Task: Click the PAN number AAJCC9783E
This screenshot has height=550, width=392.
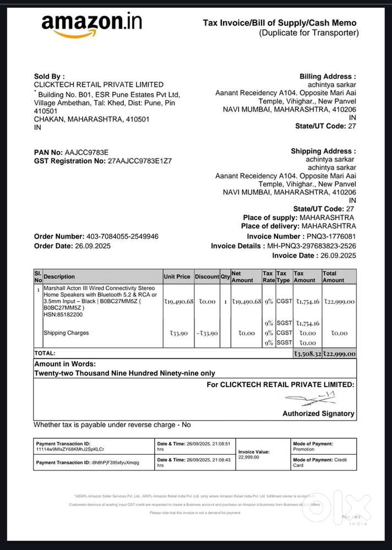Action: tap(87, 152)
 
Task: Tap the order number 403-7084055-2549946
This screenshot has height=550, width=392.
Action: tap(122, 236)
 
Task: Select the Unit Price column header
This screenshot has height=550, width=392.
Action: tap(177, 276)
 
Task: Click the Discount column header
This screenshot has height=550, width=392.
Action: tap(206, 276)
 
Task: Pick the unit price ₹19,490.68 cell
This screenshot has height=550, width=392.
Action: tap(178, 301)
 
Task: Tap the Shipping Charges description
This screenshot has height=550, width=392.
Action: tap(66, 333)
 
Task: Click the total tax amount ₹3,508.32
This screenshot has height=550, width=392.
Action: tap(307, 353)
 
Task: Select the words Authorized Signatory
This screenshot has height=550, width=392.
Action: tap(318, 413)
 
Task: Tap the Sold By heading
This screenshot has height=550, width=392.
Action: tap(49, 77)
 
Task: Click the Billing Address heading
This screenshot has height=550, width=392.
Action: tap(328, 77)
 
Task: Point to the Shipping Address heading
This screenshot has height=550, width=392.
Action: tap(323, 151)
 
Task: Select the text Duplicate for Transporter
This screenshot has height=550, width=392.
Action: tap(309, 33)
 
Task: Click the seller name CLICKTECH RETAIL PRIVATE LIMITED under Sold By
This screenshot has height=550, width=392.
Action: tap(99, 85)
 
